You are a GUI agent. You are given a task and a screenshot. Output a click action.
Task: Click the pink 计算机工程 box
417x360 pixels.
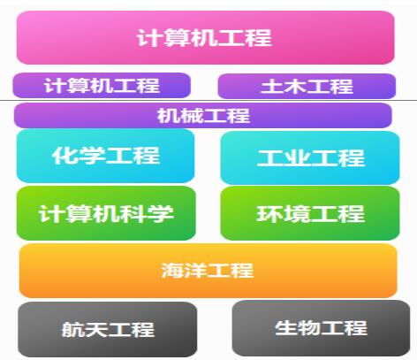click(205, 37)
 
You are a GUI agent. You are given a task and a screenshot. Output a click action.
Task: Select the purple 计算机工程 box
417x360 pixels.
click(102, 86)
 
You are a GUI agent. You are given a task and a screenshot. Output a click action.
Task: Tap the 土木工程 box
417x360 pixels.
click(307, 86)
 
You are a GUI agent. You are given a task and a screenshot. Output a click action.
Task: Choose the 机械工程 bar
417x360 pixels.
click(203, 115)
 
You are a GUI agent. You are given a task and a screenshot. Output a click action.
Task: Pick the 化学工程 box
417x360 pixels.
click(105, 156)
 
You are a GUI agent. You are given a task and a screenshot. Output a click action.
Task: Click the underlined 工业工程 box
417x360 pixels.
click(310, 157)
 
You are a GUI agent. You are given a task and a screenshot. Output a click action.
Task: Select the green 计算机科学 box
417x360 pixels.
click(106, 213)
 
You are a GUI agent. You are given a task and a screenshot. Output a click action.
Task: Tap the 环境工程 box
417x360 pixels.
click(310, 213)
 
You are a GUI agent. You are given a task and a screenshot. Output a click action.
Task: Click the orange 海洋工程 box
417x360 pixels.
click(208, 271)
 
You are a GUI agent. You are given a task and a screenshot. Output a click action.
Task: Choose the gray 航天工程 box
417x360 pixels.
click(108, 329)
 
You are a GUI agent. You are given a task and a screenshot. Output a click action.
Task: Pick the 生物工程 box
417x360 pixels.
click(321, 328)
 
